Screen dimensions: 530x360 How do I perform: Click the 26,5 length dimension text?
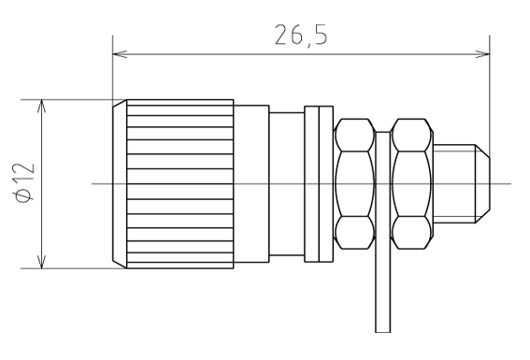tap(301, 35)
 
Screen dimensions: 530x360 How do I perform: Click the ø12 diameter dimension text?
tap(25, 183)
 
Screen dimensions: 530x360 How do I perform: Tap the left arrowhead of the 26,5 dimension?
tap(120, 54)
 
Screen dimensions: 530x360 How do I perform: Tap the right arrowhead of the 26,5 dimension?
tap(482, 54)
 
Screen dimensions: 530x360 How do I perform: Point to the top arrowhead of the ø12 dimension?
tap(41, 106)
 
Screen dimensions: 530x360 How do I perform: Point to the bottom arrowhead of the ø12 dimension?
tap(41, 262)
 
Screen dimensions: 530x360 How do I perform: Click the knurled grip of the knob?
tap(180, 184)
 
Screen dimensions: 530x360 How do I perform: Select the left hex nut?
tap(354, 184)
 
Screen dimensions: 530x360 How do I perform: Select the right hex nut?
tap(411, 184)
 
